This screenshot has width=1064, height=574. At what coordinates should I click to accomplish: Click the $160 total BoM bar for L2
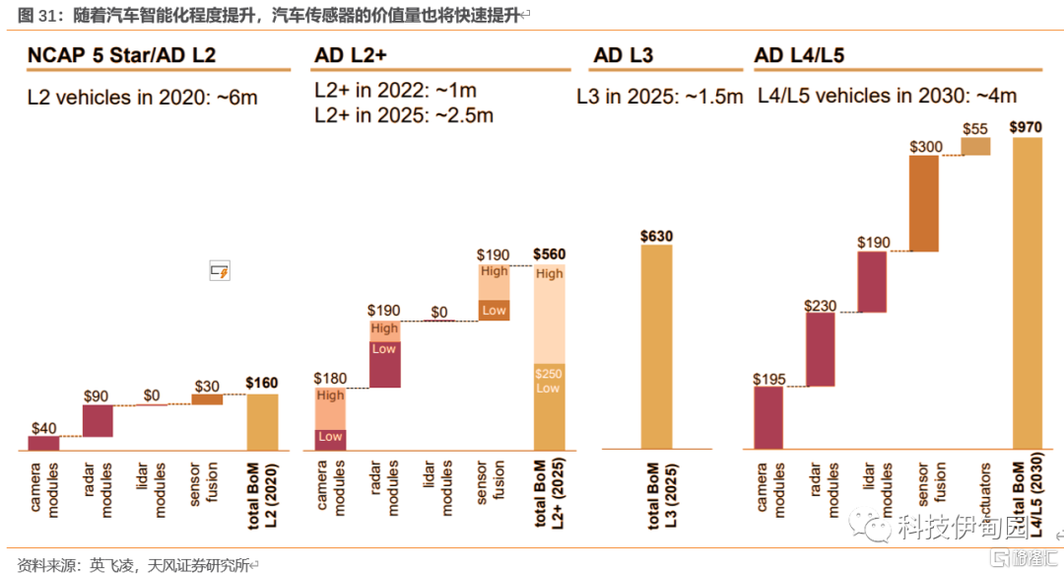(262, 422)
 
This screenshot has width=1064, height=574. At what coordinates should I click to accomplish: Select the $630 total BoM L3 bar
(656, 346)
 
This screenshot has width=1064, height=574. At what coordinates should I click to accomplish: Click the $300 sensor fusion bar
(923, 203)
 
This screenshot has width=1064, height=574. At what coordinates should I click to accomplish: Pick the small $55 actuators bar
(975, 146)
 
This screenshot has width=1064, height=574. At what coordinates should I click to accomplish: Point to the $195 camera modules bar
(767, 418)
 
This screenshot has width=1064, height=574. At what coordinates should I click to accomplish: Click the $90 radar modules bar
(98, 420)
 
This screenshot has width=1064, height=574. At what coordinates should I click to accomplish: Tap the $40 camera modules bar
(43, 443)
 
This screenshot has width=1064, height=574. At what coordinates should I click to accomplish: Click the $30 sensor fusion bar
(207, 398)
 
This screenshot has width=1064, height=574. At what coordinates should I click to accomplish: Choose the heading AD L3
(623, 56)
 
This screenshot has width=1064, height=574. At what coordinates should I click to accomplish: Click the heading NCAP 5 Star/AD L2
(121, 56)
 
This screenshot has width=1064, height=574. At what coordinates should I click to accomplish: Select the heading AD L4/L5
(799, 56)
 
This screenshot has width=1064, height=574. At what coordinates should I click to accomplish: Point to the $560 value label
(549, 253)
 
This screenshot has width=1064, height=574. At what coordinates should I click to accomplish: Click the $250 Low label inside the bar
(548, 381)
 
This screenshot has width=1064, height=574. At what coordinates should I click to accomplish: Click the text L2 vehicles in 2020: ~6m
(142, 98)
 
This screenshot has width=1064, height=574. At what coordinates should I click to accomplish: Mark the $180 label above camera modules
(330, 377)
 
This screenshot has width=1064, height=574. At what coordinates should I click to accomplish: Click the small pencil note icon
(219, 270)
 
